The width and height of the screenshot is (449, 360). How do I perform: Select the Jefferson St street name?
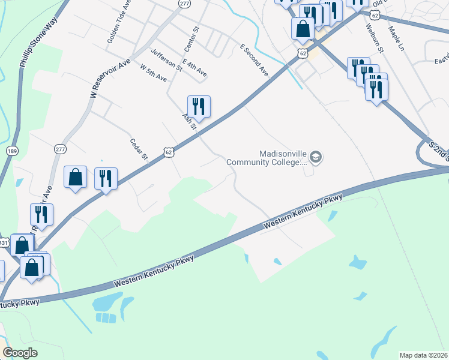(166, 59)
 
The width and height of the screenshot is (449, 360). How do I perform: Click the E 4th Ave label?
(194, 68)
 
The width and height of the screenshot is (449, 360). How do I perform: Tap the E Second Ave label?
(254, 59)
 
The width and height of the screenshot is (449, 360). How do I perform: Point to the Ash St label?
(190, 119)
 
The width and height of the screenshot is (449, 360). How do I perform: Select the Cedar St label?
(139, 150)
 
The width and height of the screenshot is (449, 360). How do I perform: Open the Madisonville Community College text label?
(283, 157)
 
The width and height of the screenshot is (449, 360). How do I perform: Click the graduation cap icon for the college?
(316, 158)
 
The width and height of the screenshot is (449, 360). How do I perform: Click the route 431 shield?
(4, 243)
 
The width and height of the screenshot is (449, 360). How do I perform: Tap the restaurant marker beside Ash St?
(199, 107)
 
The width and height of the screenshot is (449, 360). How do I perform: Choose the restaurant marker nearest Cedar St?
(106, 178)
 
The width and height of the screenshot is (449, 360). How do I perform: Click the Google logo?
(20, 353)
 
